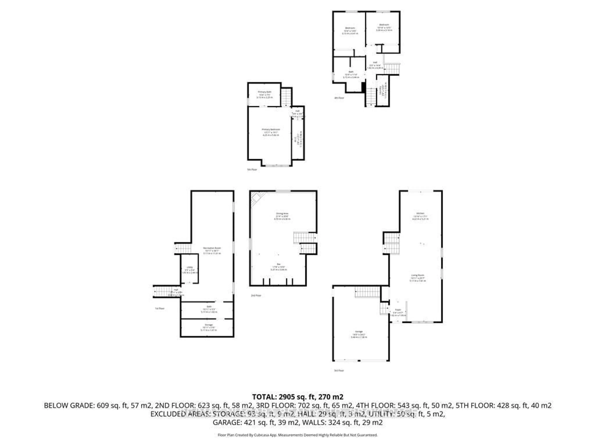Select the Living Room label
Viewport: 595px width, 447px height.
417,275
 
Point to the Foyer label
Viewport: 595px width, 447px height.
398,310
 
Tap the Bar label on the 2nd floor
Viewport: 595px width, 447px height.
279,264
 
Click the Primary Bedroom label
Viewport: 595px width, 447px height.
271,129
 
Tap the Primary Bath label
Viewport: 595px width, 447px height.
265,92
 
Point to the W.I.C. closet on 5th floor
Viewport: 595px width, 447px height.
295,140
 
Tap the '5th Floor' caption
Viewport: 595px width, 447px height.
252,169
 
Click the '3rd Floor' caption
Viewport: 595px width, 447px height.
339,370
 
